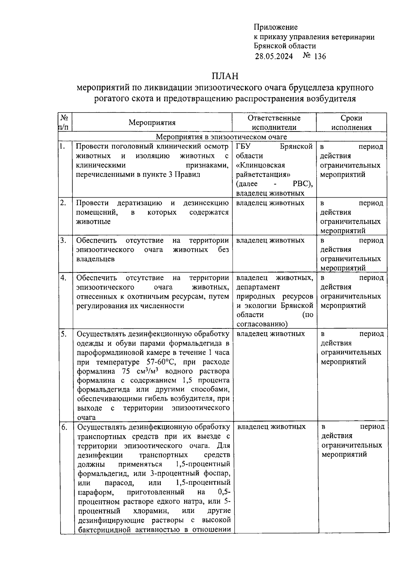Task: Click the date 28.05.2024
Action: point(274,56)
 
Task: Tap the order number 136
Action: point(319,56)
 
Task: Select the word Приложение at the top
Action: point(276,27)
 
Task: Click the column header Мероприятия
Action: point(152,123)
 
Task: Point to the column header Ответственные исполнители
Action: point(274,123)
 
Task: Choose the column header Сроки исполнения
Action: point(351,123)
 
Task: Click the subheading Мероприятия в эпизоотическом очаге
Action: point(221,137)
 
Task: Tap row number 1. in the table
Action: point(62,146)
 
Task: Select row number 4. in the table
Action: point(63,277)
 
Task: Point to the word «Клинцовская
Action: point(261,165)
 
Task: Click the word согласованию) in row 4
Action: point(262,324)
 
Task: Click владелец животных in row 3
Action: point(270,240)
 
